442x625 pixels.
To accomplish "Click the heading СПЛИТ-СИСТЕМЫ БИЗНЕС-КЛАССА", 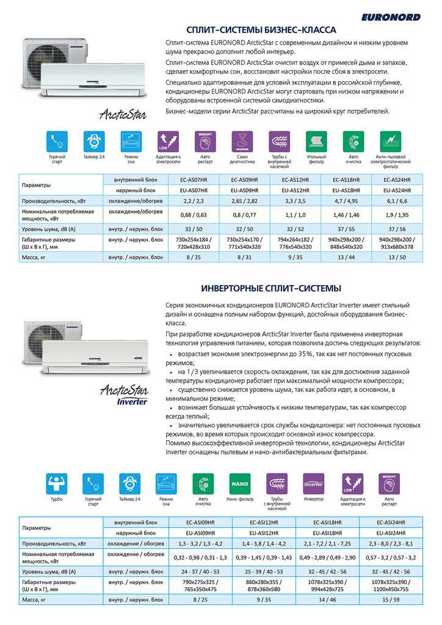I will (261, 30).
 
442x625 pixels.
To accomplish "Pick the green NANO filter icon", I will (239, 485).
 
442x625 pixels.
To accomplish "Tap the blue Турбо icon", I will (57, 485).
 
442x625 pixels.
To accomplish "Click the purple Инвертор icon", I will (313, 485).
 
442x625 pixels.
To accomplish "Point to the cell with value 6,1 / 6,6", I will (396, 201).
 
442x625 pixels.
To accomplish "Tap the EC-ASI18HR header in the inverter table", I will (327, 522).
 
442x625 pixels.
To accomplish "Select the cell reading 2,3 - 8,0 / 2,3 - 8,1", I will (391, 543).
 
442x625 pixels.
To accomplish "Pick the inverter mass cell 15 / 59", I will (391, 601).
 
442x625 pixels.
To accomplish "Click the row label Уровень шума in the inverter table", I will (49, 571).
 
